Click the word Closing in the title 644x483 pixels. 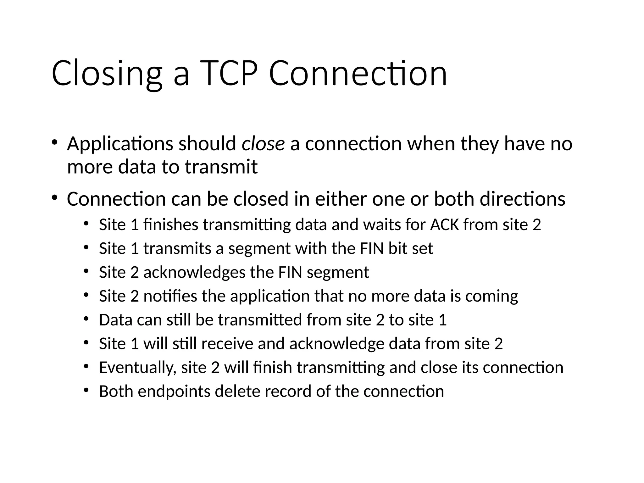107,74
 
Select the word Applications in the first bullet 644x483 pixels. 120,144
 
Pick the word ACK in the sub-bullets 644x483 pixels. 445,225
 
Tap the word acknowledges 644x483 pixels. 194,272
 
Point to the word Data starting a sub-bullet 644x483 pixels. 115,320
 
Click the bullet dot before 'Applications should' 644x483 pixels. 54,142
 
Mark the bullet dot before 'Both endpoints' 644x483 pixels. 86,390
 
